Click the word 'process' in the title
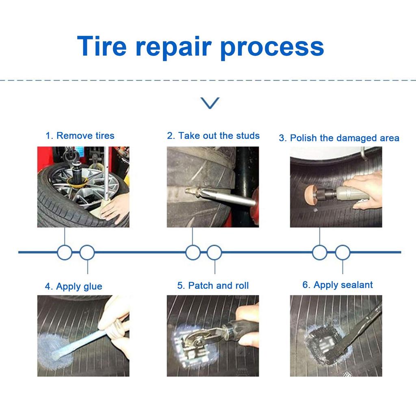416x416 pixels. tap(272, 48)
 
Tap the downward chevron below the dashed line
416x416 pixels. tap(210, 103)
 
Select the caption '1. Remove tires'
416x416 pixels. tap(80, 136)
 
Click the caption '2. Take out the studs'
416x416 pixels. tap(213, 136)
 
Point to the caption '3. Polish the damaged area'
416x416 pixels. tap(339, 138)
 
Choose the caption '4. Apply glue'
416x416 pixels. tap(74, 286)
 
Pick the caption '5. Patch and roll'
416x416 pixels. tap(213, 286)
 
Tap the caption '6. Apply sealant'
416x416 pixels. tap(337, 285)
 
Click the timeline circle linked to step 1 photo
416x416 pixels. tap(64, 252)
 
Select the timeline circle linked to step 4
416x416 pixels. tap(87, 252)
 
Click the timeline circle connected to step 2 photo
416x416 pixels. tap(193, 252)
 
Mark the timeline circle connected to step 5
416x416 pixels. tap(214, 252)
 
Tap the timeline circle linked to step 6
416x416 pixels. tap(342, 252)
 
